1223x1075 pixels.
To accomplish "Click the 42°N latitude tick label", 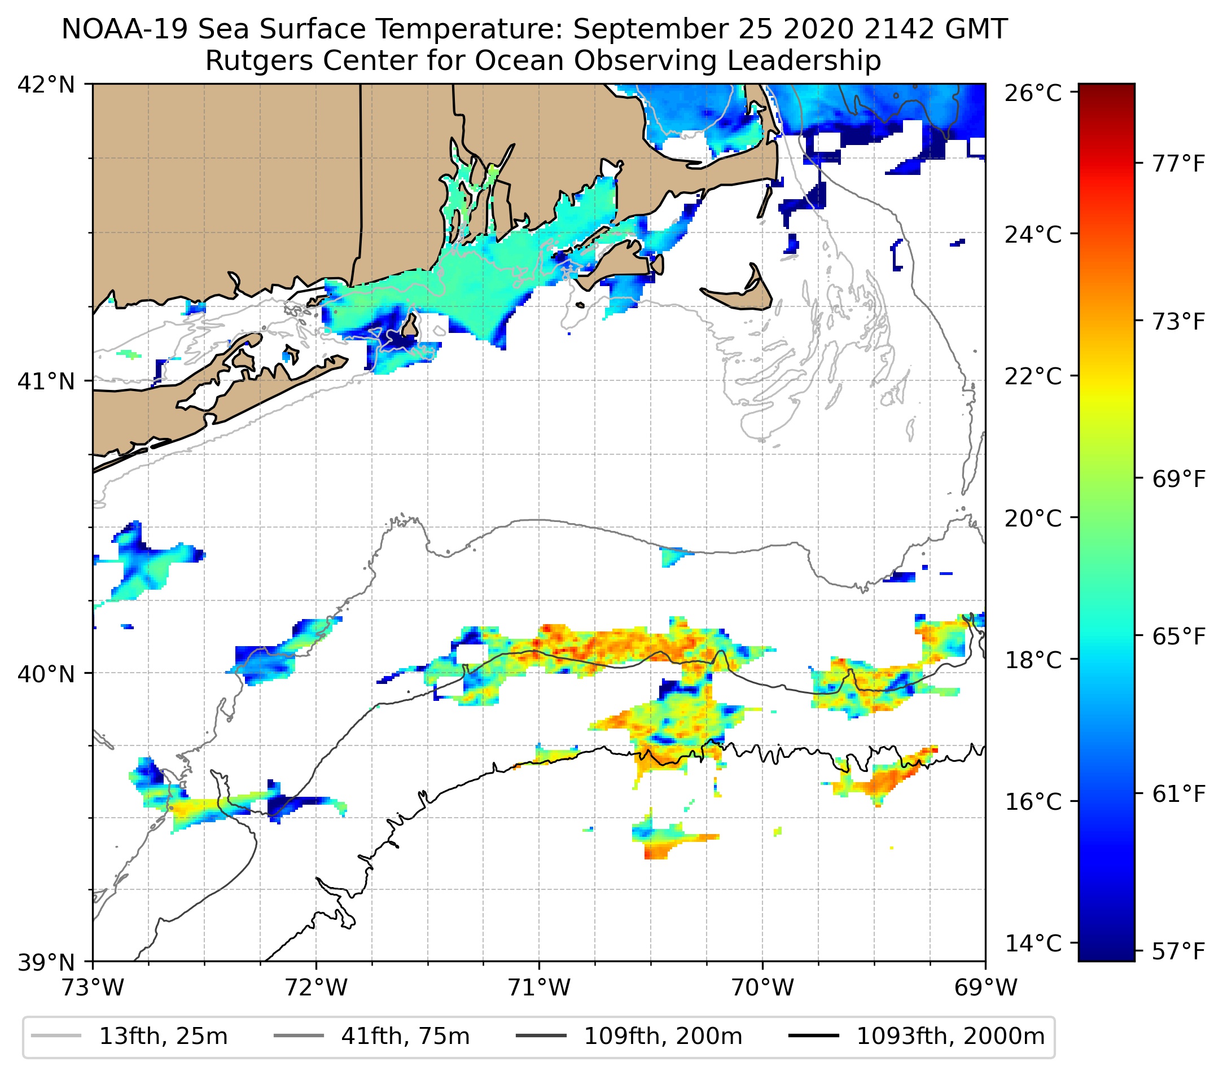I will (46, 85).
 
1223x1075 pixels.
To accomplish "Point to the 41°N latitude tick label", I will (46, 381).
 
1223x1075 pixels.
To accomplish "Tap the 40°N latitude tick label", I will (46, 674).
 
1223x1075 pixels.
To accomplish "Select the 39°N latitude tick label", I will (46, 963).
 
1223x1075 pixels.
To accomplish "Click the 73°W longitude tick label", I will (93, 988).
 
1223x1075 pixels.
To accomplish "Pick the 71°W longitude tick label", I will (539, 988).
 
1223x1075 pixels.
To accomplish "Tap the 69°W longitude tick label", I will (985, 988).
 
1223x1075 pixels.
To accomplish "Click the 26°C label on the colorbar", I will (1033, 94).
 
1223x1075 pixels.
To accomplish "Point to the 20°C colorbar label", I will (1033, 518).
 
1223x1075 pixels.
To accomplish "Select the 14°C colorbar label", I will (1033, 944).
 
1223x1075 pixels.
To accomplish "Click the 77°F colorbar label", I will (1178, 163).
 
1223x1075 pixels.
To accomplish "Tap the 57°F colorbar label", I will (1178, 951).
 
